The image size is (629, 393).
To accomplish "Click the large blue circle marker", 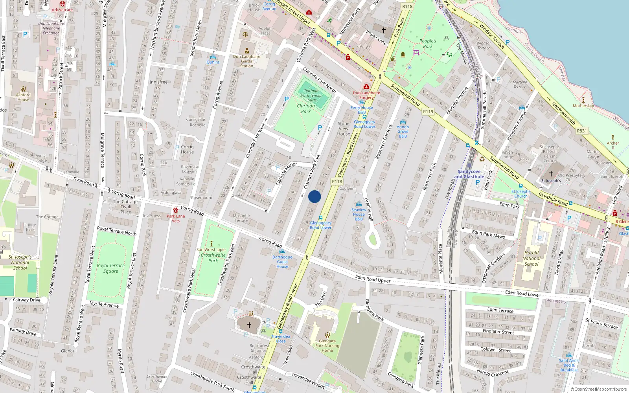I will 314,196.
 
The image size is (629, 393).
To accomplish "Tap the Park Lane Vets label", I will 176,218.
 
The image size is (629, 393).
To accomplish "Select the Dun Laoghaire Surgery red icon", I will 366,87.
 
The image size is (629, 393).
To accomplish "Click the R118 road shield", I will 337,182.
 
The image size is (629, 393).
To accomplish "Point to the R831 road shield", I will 582,131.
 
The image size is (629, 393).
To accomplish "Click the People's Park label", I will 428,44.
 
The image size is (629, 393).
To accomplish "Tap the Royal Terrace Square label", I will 111,268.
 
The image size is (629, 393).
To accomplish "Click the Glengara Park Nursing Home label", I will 327,346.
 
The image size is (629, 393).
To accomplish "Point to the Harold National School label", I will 532,258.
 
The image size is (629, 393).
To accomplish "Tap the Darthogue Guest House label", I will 282,262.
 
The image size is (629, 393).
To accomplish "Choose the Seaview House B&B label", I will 359,214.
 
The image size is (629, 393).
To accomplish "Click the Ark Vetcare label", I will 62,10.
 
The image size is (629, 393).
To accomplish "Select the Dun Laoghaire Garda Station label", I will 246,61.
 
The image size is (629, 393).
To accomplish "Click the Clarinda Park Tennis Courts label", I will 311,95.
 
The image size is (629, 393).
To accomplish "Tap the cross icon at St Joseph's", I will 551,173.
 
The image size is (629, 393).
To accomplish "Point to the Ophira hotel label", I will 213,62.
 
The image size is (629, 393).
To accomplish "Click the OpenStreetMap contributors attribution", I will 599,389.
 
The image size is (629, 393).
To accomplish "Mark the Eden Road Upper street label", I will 373,279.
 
